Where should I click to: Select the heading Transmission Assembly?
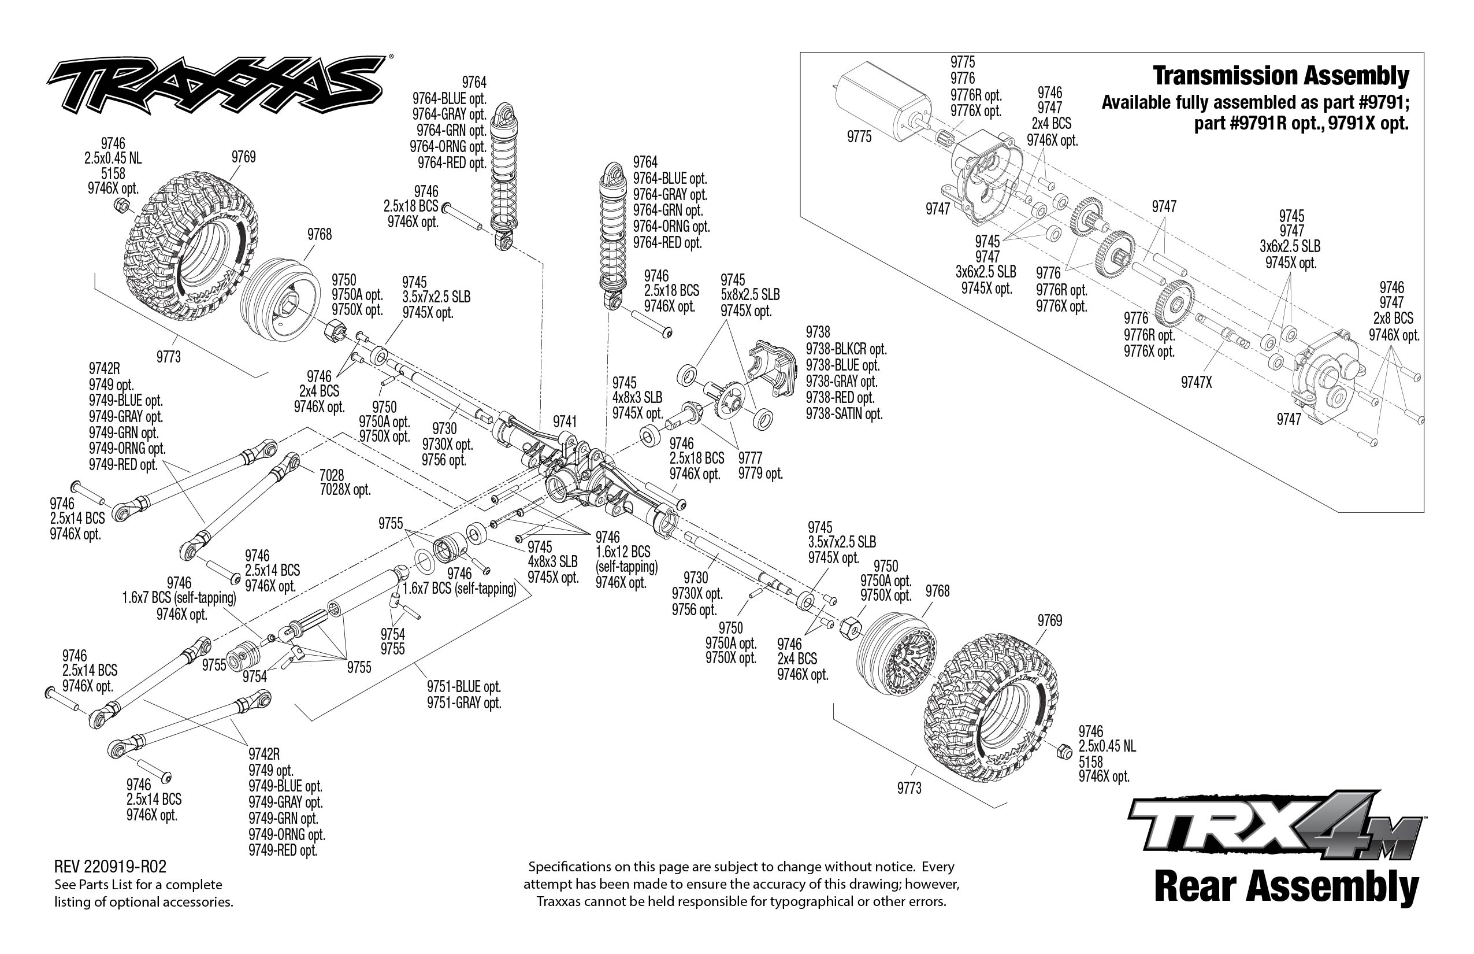1280,76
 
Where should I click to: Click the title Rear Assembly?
1286,886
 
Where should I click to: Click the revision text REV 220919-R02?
110,866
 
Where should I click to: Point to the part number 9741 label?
565,422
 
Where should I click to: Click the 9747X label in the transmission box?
1196,382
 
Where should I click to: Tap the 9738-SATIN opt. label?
844,414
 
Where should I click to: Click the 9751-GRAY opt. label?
463,702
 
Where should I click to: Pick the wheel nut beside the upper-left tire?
122,206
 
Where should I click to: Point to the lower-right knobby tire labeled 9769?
990,706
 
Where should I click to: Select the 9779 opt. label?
760,474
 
